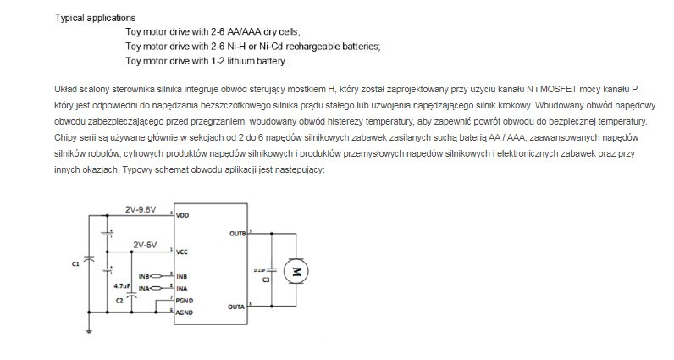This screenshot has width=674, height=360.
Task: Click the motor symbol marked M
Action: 296,270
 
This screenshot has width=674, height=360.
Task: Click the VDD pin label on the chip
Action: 182,216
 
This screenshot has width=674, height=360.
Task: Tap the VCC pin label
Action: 182,252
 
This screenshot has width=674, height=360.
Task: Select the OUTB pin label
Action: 237,232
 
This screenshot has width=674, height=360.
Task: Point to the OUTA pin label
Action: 237,307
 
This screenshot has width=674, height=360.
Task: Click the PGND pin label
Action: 185,300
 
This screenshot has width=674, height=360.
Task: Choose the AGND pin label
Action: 185,313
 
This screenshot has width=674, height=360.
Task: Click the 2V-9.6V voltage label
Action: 141,208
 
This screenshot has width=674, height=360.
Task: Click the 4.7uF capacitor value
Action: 122,286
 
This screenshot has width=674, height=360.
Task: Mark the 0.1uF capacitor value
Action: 261,269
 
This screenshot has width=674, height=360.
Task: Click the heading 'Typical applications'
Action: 95,18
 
